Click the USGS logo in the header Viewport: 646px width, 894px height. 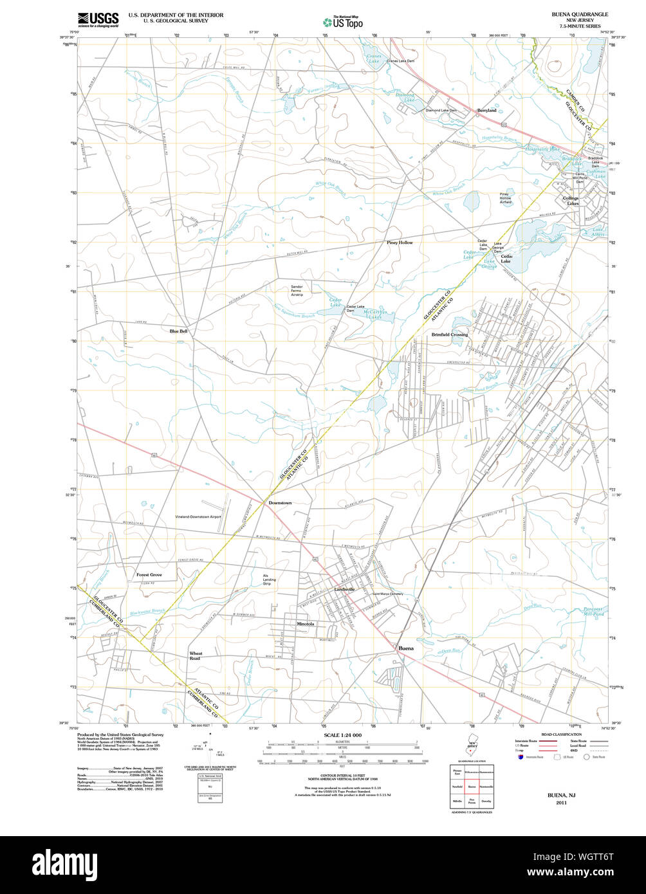coord(98,19)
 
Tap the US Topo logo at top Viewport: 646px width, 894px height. coord(342,21)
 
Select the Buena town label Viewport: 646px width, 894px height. coord(406,648)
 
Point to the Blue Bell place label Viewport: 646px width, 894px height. coord(179,331)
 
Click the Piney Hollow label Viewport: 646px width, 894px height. coord(400,242)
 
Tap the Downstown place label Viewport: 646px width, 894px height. coord(280,502)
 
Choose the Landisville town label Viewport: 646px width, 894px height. coord(345,589)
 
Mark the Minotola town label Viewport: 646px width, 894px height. coord(305,624)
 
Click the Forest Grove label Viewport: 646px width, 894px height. coord(149,574)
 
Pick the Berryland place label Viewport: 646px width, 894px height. coord(486,111)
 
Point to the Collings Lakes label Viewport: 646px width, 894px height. coord(570,201)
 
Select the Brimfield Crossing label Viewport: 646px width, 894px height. coord(450,335)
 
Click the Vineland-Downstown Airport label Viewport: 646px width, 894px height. coord(198,516)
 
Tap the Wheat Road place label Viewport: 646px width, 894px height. coord(195,656)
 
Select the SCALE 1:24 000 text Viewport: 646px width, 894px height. coord(342,735)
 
